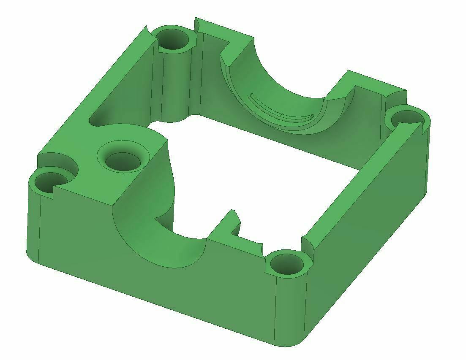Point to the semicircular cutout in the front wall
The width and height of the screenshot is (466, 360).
click(165, 241)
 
